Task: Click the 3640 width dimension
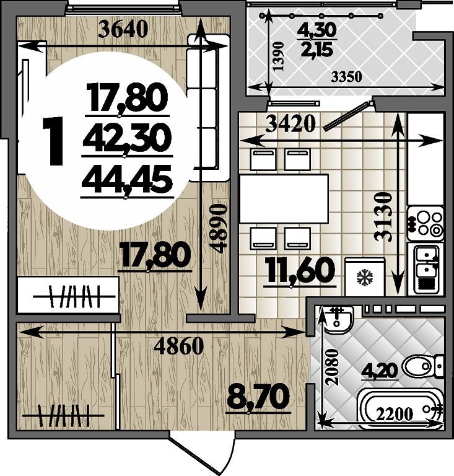(x=124, y=29)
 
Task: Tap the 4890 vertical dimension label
(x=219, y=228)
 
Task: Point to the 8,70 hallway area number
(x=258, y=397)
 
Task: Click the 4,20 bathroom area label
(x=380, y=371)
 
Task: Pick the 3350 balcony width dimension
(x=346, y=77)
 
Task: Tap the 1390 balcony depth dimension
(x=278, y=56)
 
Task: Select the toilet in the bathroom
(x=422, y=366)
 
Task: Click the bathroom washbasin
(x=339, y=320)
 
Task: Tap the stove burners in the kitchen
(x=426, y=223)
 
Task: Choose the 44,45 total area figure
(x=127, y=180)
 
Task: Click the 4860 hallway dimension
(x=178, y=346)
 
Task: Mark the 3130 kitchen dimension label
(x=383, y=216)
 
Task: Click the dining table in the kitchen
(x=284, y=198)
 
